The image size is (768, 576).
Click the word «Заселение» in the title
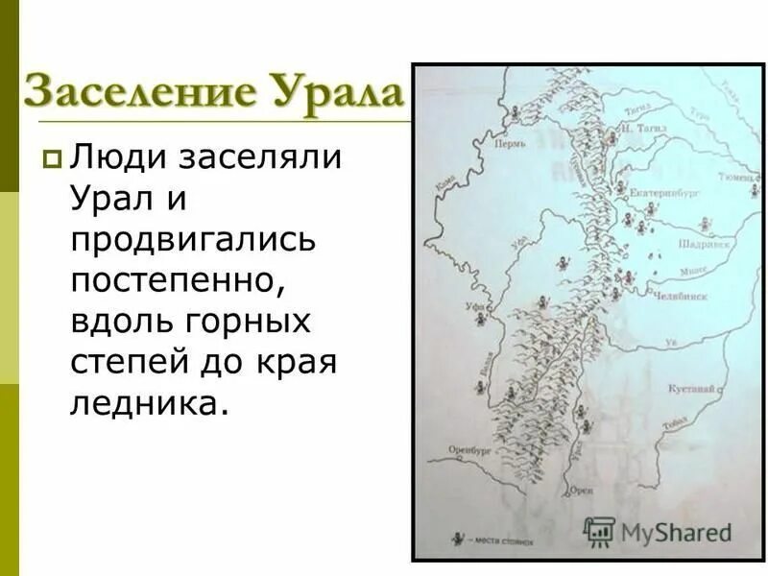(x=139, y=93)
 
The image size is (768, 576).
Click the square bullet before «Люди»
(x=52, y=159)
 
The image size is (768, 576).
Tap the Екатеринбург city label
(x=664, y=192)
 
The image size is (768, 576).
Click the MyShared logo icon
(x=600, y=531)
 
